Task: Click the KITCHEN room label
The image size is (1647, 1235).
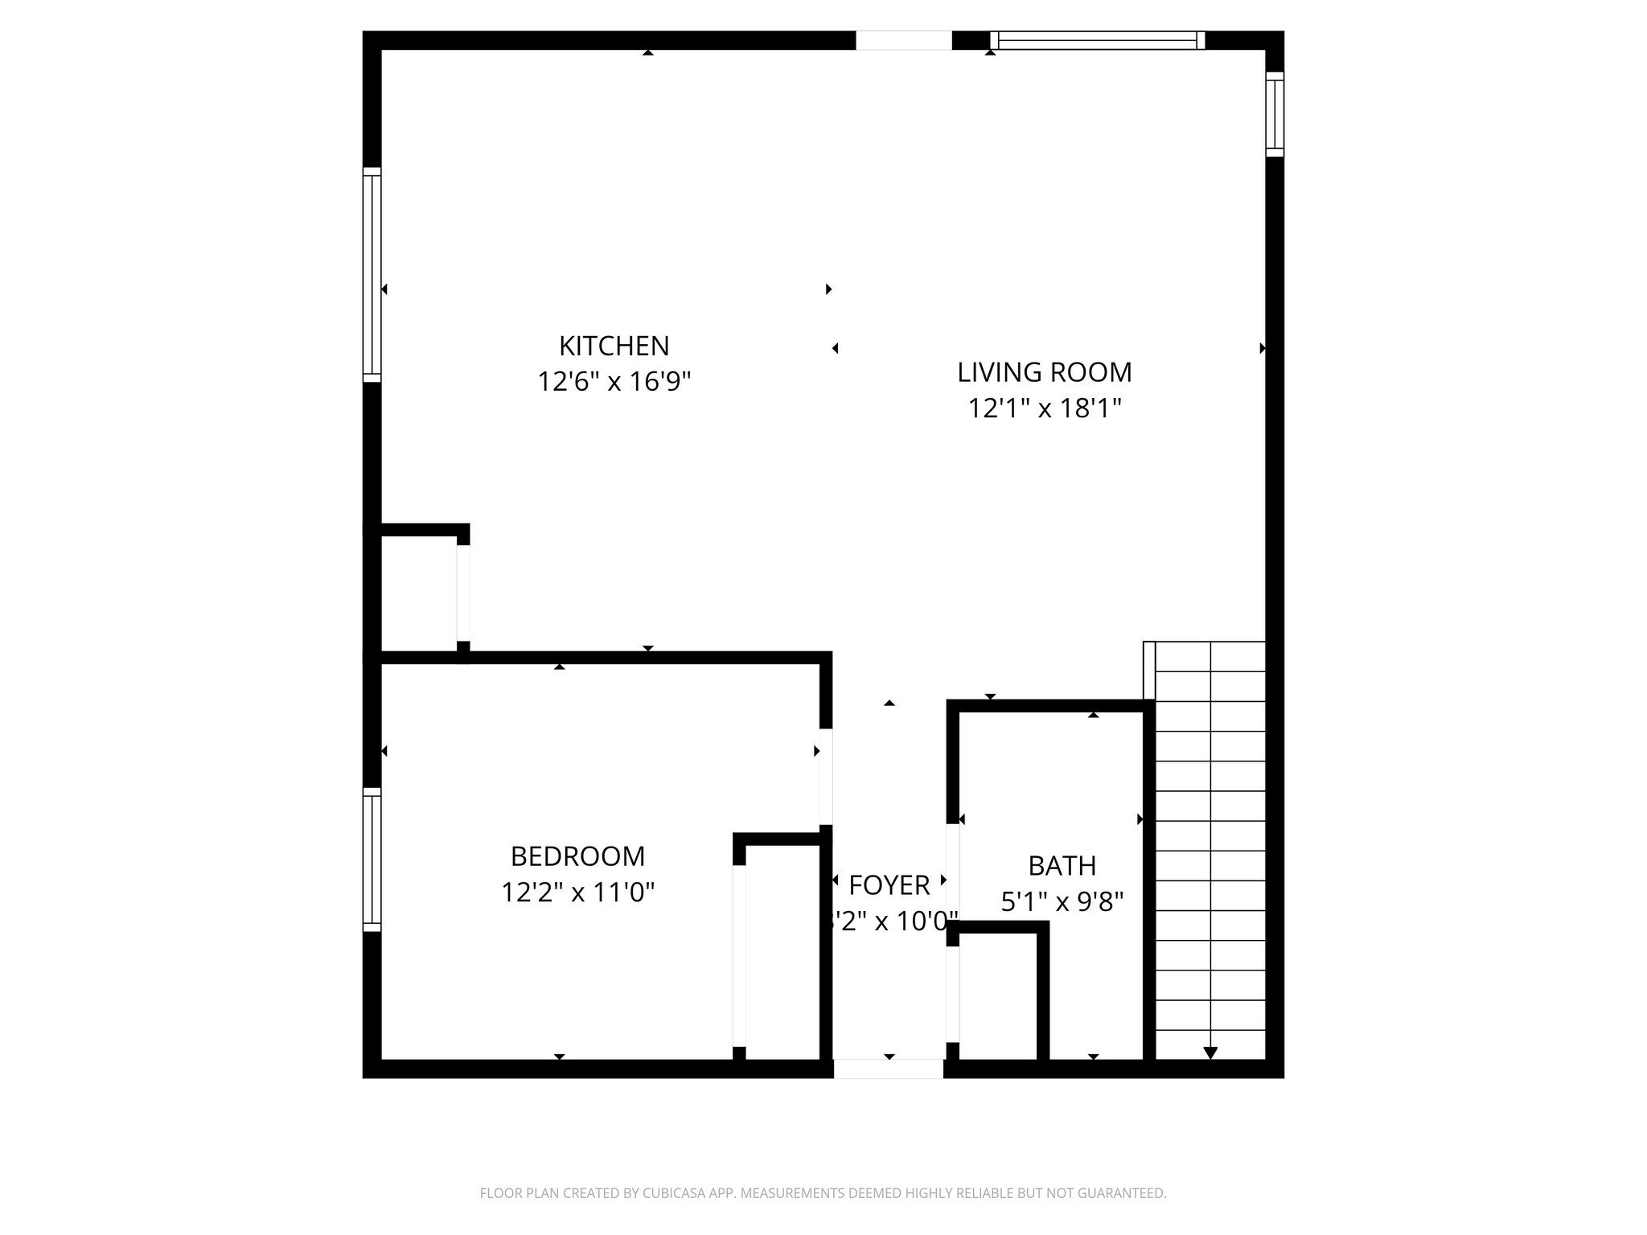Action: [614, 346]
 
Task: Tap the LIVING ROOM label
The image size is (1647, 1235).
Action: [1044, 372]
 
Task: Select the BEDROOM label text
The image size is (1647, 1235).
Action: [577, 856]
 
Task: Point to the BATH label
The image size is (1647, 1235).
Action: [1062, 866]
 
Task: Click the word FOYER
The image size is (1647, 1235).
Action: [889, 885]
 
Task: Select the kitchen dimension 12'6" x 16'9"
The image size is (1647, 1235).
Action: [614, 381]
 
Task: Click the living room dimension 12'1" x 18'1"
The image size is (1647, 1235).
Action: [1044, 408]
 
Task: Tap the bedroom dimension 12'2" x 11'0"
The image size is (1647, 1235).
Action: [577, 892]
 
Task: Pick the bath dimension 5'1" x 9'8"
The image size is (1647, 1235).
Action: [1062, 901]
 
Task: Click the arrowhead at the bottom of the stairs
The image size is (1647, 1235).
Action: [1210, 1052]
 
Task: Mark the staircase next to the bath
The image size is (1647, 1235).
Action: [1209, 852]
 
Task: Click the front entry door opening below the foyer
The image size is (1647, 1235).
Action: [888, 1069]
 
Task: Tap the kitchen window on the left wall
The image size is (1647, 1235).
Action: [372, 275]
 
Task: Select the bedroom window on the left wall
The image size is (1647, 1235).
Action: [372, 860]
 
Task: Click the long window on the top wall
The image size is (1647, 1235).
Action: [1097, 40]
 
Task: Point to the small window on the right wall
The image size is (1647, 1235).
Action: [1275, 114]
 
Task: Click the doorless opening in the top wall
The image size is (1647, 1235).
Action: [903, 40]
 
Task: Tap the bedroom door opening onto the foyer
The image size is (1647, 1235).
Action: [825, 777]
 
